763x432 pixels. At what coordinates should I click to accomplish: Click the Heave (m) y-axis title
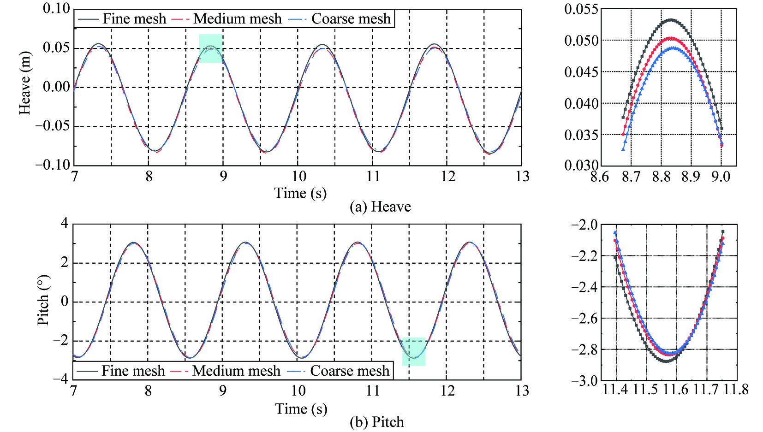click(x=25, y=83)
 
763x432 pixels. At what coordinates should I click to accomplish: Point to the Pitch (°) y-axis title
click(x=43, y=301)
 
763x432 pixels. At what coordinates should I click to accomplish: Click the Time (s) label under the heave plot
click(x=300, y=193)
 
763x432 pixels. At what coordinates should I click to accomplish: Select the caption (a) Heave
click(x=380, y=207)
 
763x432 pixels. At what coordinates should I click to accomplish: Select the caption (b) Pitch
click(x=377, y=422)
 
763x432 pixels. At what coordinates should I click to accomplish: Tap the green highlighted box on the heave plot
click(x=211, y=48)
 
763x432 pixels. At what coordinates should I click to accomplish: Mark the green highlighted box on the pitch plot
click(x=414, y=352)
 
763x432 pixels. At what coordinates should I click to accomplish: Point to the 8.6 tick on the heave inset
click(x=600, y=177)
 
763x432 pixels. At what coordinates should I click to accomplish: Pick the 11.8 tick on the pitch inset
click(x=736, y=390)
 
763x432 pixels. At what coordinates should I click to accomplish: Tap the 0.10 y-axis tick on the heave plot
click(x=56, y=8)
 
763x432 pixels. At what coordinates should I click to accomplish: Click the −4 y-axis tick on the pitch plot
click(x=60, y=379)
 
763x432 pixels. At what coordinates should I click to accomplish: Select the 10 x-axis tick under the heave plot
click(x=298, y=177)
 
